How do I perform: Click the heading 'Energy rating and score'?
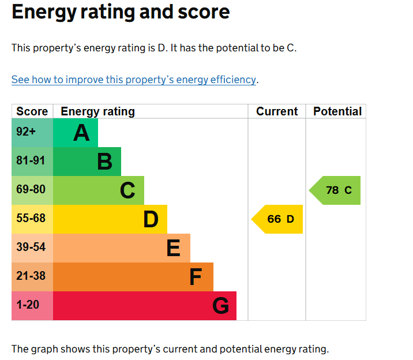(x=121, y=12)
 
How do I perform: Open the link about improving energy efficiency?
(x=133, y=80)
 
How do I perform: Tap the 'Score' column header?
(x=32, y=111)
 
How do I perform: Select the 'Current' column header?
(x=277, y=111)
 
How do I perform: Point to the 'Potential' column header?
(x=337, y=111)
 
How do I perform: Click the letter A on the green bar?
(x=81, y=133)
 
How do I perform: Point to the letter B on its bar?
(x=104, y=162)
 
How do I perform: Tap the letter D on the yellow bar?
(x=151, y=220)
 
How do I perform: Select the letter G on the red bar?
(x=220, y=306)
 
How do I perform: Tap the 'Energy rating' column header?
(x=97, y=111)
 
